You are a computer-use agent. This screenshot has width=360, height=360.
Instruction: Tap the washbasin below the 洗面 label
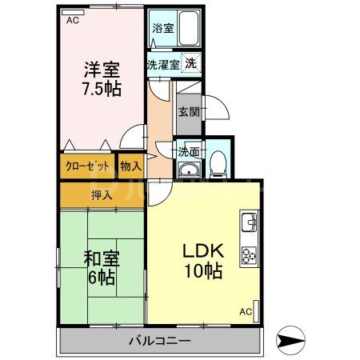[189, 169]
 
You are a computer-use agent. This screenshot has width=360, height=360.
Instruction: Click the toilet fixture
[218, 164]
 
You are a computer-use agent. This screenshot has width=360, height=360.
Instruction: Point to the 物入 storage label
[130, 166]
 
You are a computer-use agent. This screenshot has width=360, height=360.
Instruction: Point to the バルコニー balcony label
[159, 341]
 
